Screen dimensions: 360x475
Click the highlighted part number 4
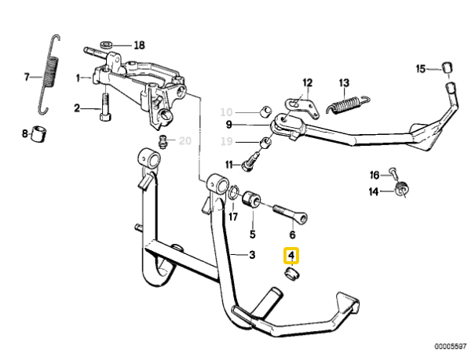291,255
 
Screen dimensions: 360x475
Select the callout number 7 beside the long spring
26,77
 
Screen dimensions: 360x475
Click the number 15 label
421,68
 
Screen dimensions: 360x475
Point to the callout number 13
343,82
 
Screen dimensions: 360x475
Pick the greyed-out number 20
185,141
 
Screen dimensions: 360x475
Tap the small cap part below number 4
291,274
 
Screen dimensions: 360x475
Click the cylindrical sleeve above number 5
251,198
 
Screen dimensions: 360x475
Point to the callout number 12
307,82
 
